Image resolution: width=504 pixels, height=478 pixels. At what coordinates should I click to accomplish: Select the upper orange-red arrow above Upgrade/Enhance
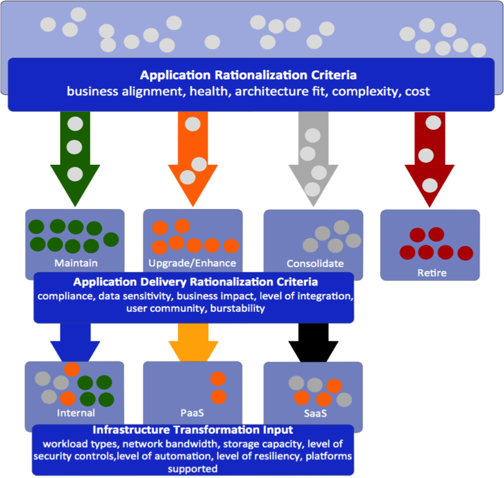(192, 155)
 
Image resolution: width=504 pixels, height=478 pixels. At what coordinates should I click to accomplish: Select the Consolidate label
(315, 263)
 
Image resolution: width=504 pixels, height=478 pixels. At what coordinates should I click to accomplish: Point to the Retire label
(431, 272)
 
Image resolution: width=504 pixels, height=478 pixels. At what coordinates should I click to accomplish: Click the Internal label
(76, 413)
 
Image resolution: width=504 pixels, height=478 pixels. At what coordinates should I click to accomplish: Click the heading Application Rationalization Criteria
(248, 76)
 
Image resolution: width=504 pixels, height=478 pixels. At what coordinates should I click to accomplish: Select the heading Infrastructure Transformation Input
(193, 430)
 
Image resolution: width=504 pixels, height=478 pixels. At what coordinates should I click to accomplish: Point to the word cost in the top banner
(417, 92)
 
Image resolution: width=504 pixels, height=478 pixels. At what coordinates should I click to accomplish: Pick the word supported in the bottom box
(193, 469)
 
